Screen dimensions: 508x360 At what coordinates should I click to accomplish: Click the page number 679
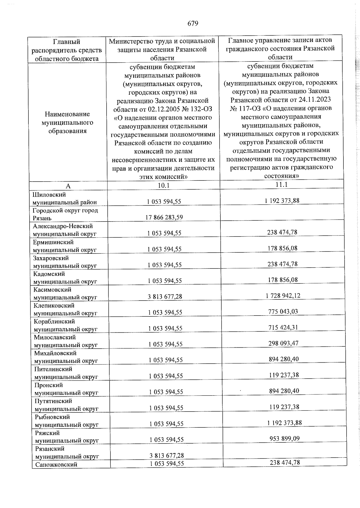(193, 23)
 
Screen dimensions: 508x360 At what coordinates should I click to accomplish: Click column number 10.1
(164, 186)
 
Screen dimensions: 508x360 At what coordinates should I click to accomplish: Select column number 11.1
(282, 185)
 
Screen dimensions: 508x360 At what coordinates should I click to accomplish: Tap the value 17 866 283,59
(164, 217)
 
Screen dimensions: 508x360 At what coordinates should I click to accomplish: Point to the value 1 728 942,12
(283, 296)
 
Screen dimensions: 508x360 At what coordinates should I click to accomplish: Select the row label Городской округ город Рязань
(65, 214)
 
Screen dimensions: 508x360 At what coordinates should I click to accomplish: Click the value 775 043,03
(283, 311)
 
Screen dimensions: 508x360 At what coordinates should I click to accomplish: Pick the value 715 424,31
(283, 327)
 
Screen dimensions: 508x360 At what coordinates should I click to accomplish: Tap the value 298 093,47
(283, 343)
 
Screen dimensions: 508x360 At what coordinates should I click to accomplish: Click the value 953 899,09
(284, 438)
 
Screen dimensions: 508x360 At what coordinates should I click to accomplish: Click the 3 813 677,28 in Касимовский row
(165, 297)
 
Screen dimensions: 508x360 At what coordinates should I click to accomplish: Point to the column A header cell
(68, 186)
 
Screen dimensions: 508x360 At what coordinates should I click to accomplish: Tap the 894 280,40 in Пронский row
(284, 391)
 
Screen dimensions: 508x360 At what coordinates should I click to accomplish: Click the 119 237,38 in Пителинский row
(284, 375)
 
